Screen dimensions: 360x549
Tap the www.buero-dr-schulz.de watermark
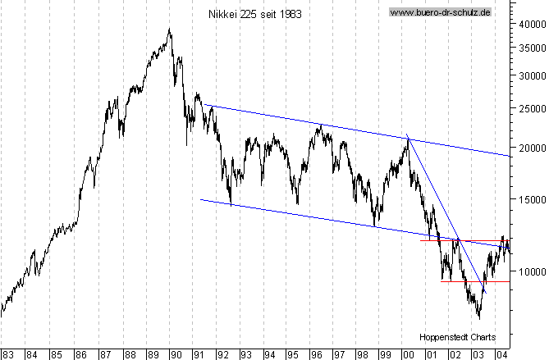[440, 13]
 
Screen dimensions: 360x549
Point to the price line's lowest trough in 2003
[478, 318]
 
